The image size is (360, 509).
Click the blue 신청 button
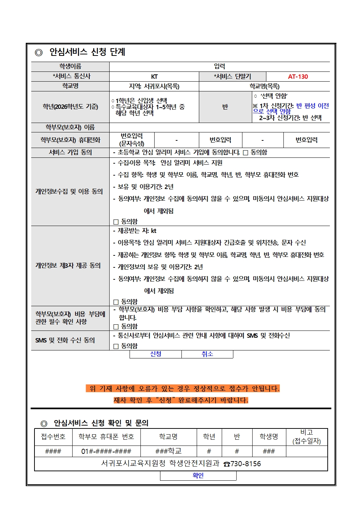pyautogui.click(x=156, y=354)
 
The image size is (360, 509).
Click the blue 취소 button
pyautogui.click(x=207, y=354)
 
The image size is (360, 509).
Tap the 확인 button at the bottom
pyautogui.click(x=198, y=476)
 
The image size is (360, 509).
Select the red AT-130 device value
pyautogui.click(x=298, y=77)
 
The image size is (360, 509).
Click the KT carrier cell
pyautogui.click(x=154, y=77)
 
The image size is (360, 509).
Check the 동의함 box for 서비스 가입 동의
pyautogui.click(x=246, y=153)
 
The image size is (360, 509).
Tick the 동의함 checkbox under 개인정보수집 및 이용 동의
pyautogui.click(x=116, y=222)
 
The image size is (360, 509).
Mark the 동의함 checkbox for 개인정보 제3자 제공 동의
pyautogui.click(x=116, y=302)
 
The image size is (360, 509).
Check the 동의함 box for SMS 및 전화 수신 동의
pyautogui.click(x=116, y=346)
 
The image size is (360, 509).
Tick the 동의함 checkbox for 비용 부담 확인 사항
pyautogui.click(x=116, y=327)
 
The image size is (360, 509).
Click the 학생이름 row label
pyautogui.click(x=70, y=66)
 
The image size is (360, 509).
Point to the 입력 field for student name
pyautogui.click(x=220, y=66)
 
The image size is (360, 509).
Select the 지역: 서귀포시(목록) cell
pyautogui.click(x=154, y=86)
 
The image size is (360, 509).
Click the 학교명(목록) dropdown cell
pyautogui.click(x=264, y=86)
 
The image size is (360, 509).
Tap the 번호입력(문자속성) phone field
pyautogui.click(x=132, y=140)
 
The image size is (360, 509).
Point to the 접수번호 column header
pyautogui.click(x=53, y=437)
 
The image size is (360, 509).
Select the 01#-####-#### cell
pyautogui.click(x=106, y=451)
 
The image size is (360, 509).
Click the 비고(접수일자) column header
pyautogui.click(x=307, y=437)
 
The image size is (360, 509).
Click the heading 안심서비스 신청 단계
pyautogui.click(x=87, y=52)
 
